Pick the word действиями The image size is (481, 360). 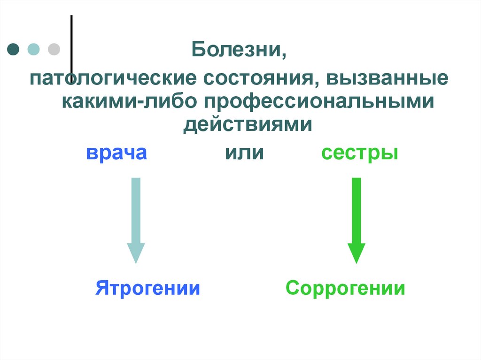coord(248,124)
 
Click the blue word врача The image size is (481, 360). coord(116,153)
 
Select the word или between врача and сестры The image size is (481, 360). coord(244,153)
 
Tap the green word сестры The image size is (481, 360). coord(360,153)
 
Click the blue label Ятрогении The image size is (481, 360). coord(148,288)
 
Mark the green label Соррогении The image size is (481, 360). coord(345,288)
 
